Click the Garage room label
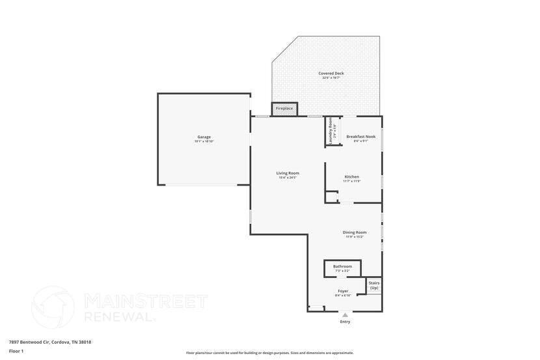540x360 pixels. click(204, 137)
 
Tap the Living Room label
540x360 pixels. click(288, 173)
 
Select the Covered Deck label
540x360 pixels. click(331, 74)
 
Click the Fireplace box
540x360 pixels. click(284, 108)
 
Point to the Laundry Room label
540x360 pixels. click(331, 130)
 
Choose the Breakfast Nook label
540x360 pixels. click(360, 137)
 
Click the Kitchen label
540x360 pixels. click(351, 176)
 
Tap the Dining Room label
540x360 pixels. click(355, 232)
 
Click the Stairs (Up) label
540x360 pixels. click(374, 285)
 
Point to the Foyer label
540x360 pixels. click(343, 291)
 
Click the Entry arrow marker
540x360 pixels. click(345, 315)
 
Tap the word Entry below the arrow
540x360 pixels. click(345, 322)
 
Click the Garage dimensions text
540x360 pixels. click(204, 141)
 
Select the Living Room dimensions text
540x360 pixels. click(288, 178)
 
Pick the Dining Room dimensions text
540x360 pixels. click(355, 237)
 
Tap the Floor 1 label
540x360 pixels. click(16, 351)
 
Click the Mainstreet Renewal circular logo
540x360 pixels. click(53, 307)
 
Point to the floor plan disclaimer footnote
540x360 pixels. click(270, 353)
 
